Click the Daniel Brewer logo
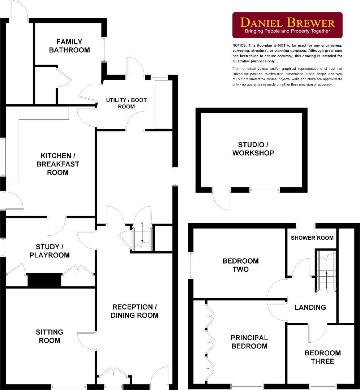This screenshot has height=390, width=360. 287,25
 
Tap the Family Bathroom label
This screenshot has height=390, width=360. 69,46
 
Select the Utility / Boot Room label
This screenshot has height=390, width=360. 126,103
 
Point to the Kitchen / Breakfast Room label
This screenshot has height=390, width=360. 57,164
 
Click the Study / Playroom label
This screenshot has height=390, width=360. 52,251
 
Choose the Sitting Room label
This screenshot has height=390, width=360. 50,336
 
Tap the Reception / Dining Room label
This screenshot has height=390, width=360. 134,311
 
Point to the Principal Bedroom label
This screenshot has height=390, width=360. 249,342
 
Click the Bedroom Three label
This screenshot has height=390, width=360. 322,357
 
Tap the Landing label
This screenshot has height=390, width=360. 310,307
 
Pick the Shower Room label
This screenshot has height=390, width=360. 312,238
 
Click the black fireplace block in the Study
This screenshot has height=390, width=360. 44,279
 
